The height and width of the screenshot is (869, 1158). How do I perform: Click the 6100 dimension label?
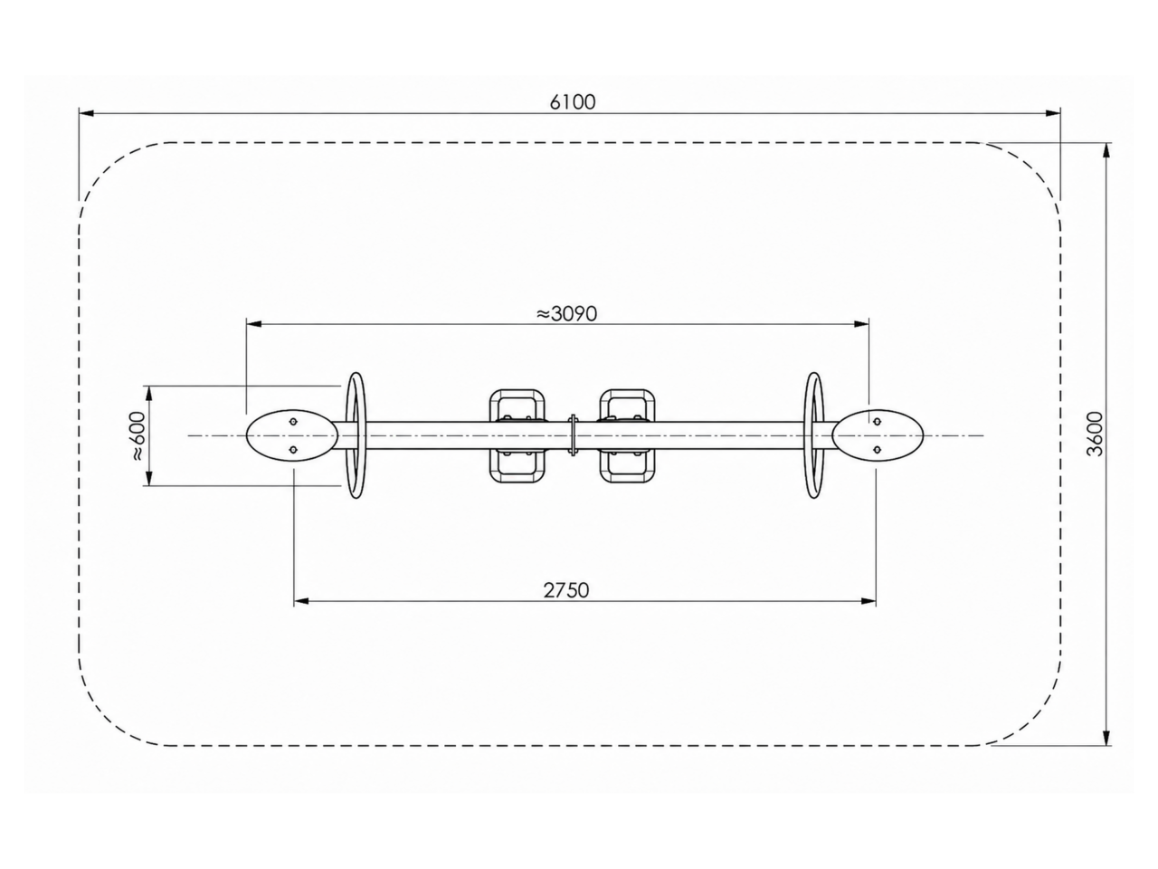572,101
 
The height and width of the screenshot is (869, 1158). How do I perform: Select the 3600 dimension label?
1094,434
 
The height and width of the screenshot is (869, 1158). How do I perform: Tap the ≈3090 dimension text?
566,314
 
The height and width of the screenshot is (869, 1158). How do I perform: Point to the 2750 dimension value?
566,590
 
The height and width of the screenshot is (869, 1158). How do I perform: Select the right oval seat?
878,435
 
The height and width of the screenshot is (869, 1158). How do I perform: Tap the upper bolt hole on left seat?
294,422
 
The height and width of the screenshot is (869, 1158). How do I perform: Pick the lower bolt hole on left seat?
294,450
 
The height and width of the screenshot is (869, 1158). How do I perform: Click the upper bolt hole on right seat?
877,422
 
